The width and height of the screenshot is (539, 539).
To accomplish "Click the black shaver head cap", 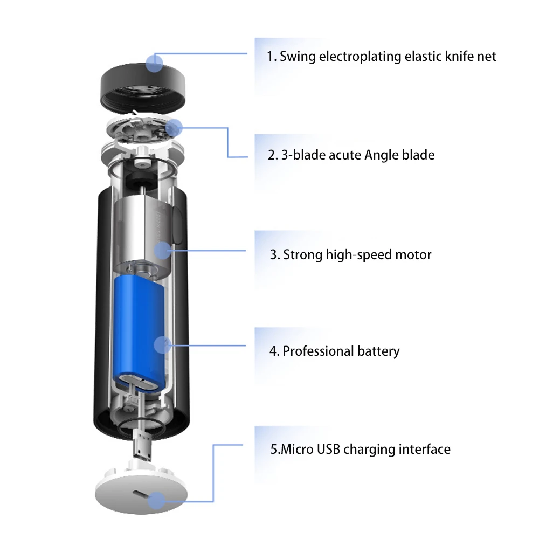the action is [143, 88].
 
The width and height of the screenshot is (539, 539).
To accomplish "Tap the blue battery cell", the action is [140, 334].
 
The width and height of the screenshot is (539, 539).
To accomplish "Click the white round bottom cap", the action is [141, 492].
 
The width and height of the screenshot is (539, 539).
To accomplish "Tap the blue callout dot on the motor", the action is [163, 251].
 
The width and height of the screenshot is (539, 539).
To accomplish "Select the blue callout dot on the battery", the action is [163, 345].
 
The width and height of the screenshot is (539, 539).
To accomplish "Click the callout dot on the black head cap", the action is [154, 63].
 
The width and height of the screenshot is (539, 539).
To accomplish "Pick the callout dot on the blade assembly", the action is [174, 128].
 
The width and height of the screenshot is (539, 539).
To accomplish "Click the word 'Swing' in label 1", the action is [298, 57].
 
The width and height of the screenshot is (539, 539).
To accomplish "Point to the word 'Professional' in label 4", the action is [318, 351].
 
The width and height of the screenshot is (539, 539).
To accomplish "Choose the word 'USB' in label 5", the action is [328, 450].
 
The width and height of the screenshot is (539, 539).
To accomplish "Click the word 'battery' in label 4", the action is [378, 351].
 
